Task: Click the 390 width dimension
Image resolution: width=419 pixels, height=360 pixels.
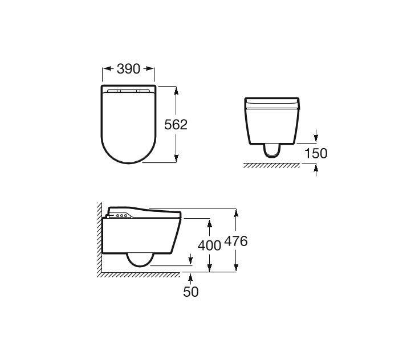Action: pos(128,69)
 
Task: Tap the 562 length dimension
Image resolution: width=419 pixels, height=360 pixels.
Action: pos(176,125)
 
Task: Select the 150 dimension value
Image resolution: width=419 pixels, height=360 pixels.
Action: pos(316,154)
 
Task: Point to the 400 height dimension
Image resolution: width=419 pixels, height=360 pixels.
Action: pos(209,246)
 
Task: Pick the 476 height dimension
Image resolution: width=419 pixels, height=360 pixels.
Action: pos(235,241)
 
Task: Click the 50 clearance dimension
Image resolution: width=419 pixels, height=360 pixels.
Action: pos(191,292)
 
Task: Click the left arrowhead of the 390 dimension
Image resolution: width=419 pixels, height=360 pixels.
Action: pos(107,68)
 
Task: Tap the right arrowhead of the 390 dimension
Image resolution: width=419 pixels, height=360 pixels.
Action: pos(150,68)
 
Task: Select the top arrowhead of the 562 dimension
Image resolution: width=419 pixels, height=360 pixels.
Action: pos(176,91)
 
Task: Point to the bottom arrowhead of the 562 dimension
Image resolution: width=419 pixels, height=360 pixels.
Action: pos(176,158)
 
